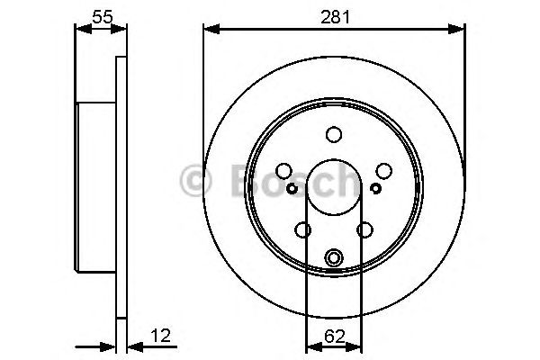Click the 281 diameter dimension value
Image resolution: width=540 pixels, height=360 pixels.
coord(334,15)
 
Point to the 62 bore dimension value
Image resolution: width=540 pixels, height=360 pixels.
coord(334,337)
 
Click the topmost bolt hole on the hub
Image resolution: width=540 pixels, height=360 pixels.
coord(334,135)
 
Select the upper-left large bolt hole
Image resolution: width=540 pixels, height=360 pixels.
coord(284,171)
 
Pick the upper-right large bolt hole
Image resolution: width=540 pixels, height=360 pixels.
coord(383,171)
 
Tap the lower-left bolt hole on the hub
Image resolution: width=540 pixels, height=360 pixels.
coord(303,230)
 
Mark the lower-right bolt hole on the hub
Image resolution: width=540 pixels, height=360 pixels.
coord(364,230)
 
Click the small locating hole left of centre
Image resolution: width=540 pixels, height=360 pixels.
coord(292,188)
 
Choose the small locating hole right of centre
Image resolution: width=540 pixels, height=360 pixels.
coord(375,188)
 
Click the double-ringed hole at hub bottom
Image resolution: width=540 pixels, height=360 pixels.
coord(334,258)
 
